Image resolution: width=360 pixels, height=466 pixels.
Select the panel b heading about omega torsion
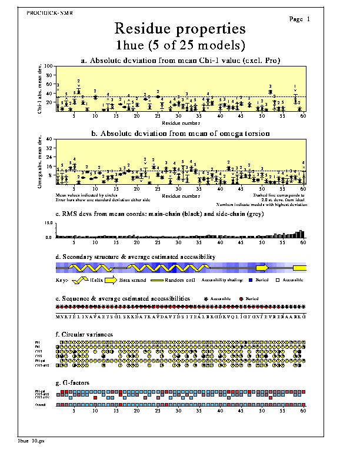179,134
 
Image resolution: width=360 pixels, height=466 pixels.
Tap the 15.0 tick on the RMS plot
49,224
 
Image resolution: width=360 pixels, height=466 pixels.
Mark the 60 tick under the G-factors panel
302,412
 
